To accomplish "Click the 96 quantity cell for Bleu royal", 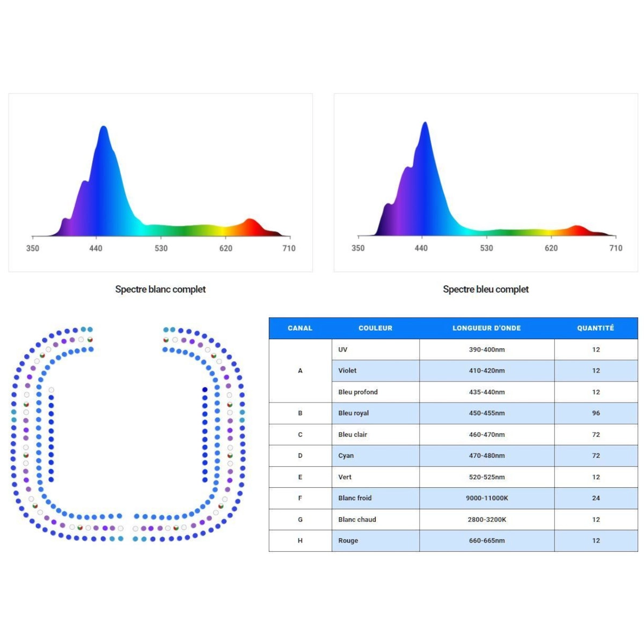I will click(x=596, y=413).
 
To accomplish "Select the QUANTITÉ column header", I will click(x=595, y=328).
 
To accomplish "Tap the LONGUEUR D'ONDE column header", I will click(x=486, y=328).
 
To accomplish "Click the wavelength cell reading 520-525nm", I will click(x=486, y=477).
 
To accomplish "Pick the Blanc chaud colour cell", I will click(x=357, y=519).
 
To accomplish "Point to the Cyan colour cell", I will click(x=346, y=456).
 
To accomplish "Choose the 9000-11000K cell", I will click(x=486, y=498).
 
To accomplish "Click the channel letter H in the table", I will click(x=300, y=540).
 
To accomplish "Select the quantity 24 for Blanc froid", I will click(x=596, y=498).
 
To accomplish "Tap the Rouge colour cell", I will click(x=348, y=540).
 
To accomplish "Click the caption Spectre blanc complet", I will click(x=160, y=289).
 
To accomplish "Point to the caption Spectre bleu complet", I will click(x=486, y=289).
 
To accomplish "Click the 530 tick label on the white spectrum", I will click(x=161, y=248).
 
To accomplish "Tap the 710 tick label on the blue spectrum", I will click(x=616, y=248).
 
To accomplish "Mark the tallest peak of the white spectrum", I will click(x=104, y=128).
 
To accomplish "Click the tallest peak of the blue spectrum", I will click(x=425, y=123).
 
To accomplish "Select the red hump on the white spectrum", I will click(x=250, y=221).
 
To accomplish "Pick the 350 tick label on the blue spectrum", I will click(x=358, y=248).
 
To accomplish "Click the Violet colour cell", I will click(x=347, y=370).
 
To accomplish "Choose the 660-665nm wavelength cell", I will click(x=486, y=540).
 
